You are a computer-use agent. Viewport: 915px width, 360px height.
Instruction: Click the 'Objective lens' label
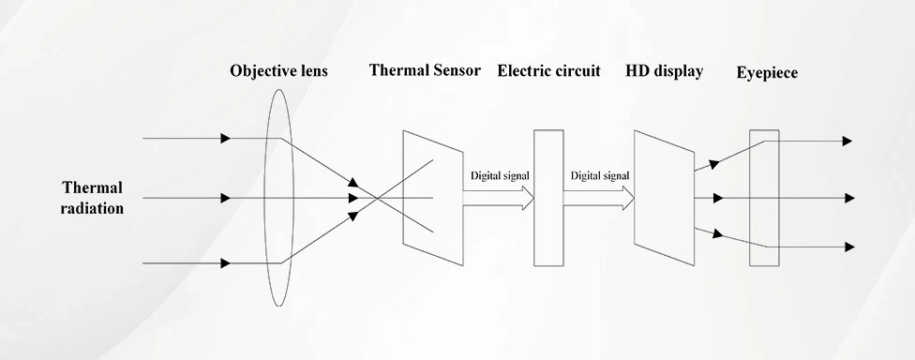[x=278, y=71]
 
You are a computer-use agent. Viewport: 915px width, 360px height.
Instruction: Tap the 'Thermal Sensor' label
[x=425, y=70]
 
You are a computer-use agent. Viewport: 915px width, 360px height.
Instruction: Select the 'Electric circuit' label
[x=548, y=70]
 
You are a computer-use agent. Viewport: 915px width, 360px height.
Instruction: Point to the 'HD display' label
[x=664, y=71]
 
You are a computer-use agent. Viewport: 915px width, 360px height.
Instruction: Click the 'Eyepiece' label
[x=767, y=72]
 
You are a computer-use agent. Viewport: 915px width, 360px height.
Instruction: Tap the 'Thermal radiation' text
[x=93, y=198]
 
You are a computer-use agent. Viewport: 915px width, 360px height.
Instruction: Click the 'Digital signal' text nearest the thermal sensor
[x=500, y=175]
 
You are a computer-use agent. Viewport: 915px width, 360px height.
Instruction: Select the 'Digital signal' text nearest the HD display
[x=600, y=175]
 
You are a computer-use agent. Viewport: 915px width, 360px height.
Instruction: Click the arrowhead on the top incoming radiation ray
[x=225, y=139]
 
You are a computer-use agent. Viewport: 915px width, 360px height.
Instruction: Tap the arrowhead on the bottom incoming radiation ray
[x=225, y=263]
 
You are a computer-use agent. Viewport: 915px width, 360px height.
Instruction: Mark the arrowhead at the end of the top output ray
[x=847, y=141]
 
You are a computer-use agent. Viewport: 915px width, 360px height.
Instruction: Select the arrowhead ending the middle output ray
[x=848, y=198]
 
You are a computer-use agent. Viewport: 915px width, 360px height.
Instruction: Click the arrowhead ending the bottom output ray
[x=848, y=247]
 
